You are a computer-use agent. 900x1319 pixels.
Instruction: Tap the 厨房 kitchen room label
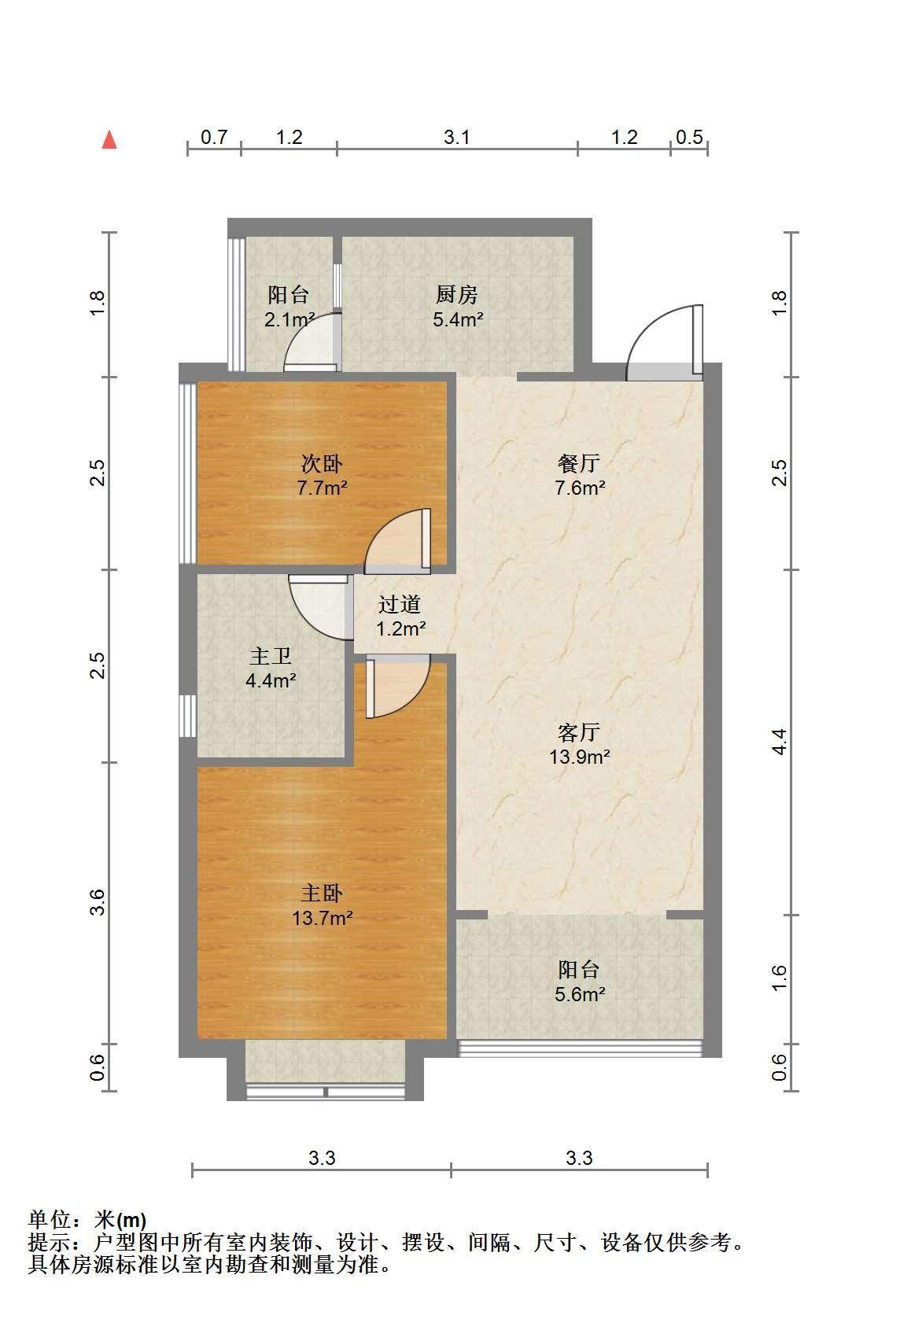(456, 294)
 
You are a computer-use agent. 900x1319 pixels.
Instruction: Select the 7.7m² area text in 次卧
(322, 488)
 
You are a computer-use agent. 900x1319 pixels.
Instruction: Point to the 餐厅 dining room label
(579, 463)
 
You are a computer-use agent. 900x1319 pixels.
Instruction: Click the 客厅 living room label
(579, 732)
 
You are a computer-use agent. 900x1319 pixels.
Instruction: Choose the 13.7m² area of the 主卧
(323, 918)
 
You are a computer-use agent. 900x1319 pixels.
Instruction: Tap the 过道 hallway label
(400, 604)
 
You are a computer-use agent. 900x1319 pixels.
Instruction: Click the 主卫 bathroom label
(271, 656)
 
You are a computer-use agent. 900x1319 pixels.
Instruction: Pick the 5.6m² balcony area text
(580, 994)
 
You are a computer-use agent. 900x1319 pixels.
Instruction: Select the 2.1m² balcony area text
(290, 320)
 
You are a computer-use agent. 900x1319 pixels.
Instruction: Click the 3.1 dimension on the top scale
(456, 137)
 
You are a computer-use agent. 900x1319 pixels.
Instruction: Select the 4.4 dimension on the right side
(779, 742)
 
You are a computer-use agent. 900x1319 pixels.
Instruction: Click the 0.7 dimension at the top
(214, 137)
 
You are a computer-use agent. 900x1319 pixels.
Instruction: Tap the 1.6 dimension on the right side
(779, 978)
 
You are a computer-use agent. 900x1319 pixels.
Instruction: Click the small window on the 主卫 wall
(187, 716)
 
